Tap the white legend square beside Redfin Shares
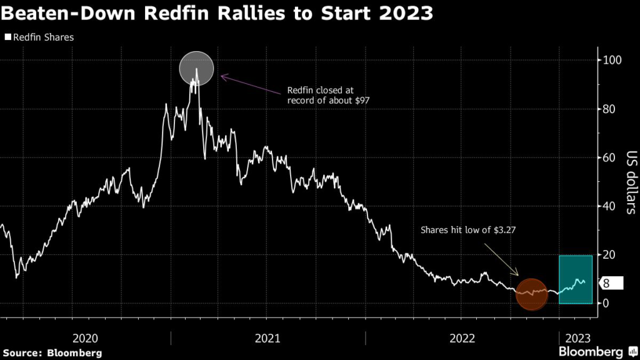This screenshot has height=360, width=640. click(7, 37)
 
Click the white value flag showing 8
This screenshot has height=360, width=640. click(610, 284)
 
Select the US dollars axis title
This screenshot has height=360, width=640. click(631, 182)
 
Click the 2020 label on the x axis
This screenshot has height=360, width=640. click(86, 338)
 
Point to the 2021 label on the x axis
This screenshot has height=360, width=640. click(267, 338)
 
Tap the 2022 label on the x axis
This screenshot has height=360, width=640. click(462, 338)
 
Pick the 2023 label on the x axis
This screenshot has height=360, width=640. click(577, 338)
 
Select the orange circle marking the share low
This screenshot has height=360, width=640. click(532, 294)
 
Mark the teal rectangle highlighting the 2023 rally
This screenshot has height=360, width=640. click(576, 279)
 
